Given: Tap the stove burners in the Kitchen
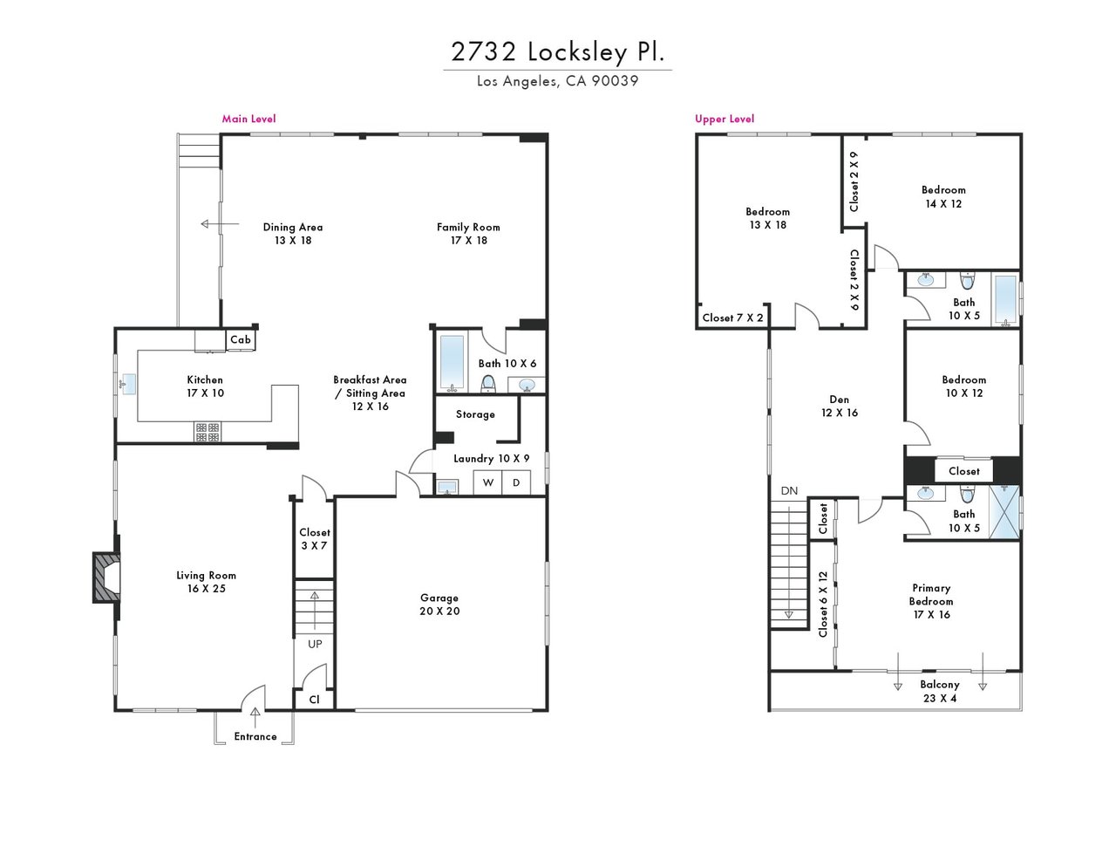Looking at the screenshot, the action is tap(208, 432).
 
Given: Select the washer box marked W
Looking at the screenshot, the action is tap(487, 483).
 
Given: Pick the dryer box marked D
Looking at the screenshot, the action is tap(516, 483).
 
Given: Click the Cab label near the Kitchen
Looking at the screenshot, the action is tap(241, 339).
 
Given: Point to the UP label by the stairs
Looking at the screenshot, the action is tap(315, 644).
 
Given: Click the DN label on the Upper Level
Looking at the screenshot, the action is tap(789, 490).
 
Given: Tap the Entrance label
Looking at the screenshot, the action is tap(255, 736).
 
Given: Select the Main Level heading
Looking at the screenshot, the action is tap(248, 120).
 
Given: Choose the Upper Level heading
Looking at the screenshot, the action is tap(725, 120).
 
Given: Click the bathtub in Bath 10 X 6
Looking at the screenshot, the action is tap(452, 362).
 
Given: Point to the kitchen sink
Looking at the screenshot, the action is tap(127, 384).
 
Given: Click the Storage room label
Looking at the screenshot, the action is tap(475, 414).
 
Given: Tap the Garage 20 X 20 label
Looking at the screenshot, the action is tap(439, 605).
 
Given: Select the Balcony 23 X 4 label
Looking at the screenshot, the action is tap(939, 691).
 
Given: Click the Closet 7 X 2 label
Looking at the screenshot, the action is tap(732, 318).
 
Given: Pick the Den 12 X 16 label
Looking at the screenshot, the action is tap(840, 406).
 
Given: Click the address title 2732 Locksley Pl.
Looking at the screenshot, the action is tap(557, 51).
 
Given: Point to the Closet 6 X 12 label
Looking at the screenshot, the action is tap(823, 605).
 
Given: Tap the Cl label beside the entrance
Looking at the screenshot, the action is tap(314, 700).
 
